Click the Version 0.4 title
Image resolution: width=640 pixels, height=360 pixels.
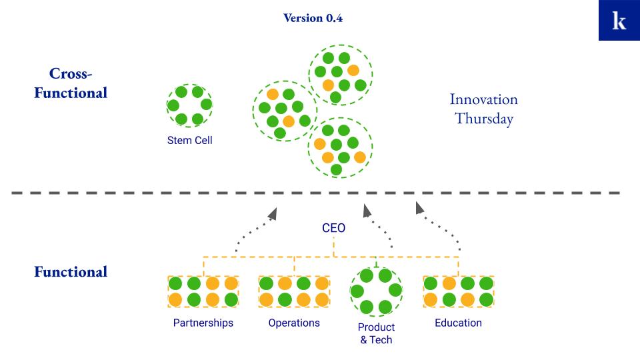point(313,18)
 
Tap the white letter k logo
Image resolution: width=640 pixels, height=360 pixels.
point(619,21)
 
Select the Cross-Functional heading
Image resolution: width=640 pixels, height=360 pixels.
point(71,83)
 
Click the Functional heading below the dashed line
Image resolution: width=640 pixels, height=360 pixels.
point(71,272)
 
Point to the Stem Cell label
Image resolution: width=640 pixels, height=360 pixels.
point(190,141)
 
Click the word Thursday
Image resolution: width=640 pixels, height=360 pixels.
point(484,119)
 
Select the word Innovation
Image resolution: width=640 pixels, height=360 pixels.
point(484,99)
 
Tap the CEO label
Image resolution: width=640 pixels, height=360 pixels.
point(333,228)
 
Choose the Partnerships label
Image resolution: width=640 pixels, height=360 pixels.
point(203,323)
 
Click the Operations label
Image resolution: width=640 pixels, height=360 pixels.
point(294,323)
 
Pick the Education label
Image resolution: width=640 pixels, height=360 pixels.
point(458,323)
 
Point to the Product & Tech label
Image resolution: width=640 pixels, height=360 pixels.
point(376,333)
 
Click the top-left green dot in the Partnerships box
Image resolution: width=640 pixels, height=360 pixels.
point(175,283)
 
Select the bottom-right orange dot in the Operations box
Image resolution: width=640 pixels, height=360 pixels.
point(322,299)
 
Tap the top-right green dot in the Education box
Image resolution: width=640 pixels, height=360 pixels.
point(486,283)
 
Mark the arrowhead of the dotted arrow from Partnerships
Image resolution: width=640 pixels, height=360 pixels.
point(273,213)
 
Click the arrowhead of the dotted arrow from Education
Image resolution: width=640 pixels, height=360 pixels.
point(419,208)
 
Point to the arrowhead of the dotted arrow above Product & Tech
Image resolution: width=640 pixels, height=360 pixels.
point(367,210)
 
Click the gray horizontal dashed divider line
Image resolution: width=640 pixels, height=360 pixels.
point(315,193)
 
